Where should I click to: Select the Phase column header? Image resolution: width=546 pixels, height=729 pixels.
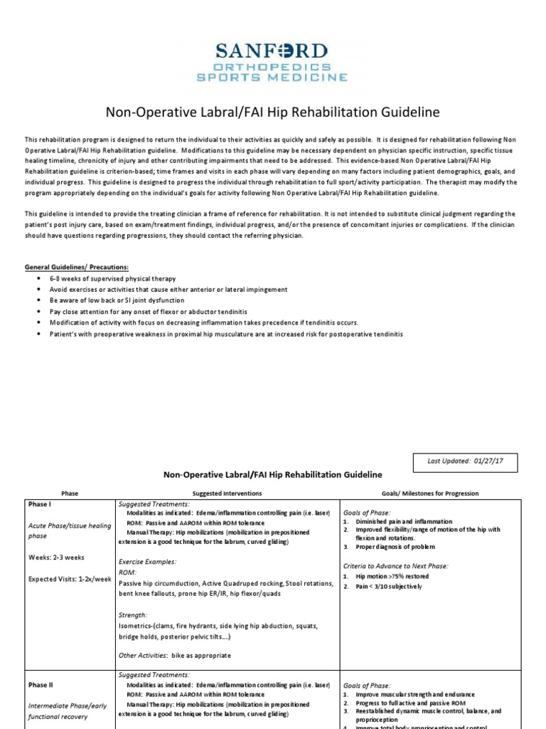(x=70, y=493)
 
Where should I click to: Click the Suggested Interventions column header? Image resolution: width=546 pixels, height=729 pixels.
(x=227, y=493)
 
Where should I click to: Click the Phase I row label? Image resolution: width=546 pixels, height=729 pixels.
(x=41, y=504)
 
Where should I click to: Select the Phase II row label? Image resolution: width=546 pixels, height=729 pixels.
(x=41, y=685)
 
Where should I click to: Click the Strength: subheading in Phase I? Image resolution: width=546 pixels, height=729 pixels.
(x=133, y=614)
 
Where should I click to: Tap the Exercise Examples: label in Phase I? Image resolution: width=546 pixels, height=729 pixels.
(x=147, y=561)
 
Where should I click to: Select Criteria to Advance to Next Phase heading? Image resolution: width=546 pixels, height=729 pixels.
(x=396, y=566)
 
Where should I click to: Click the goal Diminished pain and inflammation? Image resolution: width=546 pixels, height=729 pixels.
(x=402, y=521)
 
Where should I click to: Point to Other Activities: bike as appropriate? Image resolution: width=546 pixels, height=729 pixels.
(x=175, y=655)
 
